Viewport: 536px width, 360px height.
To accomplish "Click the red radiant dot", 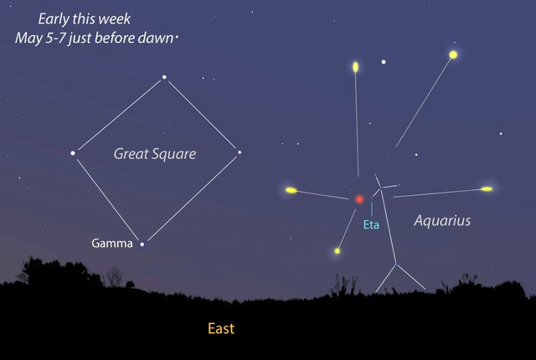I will pos(359,199).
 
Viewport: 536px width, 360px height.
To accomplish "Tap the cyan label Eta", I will pos(372,224).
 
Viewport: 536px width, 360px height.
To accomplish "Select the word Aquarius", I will pos(443,221).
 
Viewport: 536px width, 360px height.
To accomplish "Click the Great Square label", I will pos(155,154).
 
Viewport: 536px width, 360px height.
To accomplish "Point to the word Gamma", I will pos(112,244).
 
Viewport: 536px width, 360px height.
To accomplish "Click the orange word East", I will pos(221,328).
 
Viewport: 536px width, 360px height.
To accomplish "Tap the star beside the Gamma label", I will pos(142,244).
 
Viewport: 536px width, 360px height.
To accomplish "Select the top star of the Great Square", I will pos(164,78).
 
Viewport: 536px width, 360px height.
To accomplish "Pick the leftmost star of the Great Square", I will pos(73,152).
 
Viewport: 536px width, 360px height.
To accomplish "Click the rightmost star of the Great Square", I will pos(240,152).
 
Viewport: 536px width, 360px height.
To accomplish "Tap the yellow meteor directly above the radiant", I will pos(356,66).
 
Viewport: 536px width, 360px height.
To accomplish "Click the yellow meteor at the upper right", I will pos(453,54).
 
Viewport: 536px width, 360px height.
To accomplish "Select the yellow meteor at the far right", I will pos(487,188).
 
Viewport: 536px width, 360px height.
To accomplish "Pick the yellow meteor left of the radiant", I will pos(291,190).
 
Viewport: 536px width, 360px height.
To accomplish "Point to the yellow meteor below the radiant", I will pos(338,250).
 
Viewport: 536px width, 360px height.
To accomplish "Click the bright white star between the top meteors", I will pos(384,61).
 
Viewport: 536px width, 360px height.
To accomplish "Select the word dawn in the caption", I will pos(157,38).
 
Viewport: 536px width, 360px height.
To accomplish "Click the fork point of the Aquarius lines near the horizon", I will pos(395,265).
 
